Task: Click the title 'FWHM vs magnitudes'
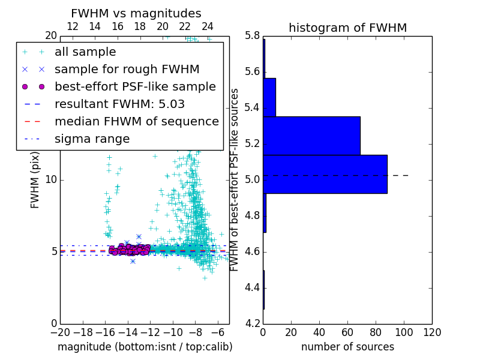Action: [x=136, y=13]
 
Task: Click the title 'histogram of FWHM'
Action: [x=347, y=28]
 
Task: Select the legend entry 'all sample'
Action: [x=85, y=52]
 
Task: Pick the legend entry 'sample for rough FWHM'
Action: [x=127, y=69]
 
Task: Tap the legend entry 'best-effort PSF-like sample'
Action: [x=135, y=86]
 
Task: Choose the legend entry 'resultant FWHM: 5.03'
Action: [x=119, y=104]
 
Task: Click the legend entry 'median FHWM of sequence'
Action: [x=136, y=121]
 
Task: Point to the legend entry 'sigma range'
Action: [x=92, y=139]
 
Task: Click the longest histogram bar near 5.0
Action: [x=325, y=174]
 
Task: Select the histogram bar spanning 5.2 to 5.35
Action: [x=311, y=136]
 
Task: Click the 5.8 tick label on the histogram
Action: [x=251, y=35]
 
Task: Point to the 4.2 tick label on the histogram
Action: [x=251, y=323]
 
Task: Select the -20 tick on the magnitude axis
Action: [x=60, y=332]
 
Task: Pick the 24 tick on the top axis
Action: [x=208, y=26]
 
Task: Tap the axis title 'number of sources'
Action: [x=347, y=347]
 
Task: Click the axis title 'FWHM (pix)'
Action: [x=35, y=180]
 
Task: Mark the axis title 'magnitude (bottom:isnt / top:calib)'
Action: [x=145, y=347]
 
